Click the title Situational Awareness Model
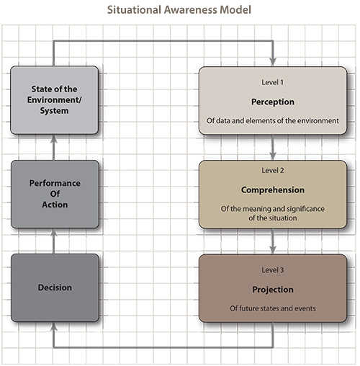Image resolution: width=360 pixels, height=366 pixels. click(x=179, y=10)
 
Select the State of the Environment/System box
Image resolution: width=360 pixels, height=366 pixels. click(x=54, y=100)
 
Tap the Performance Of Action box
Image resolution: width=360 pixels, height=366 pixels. click(x=55, y=194)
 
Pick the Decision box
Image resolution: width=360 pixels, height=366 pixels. click(x=55, y=287)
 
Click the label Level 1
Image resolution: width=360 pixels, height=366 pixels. click(x=273, y=82)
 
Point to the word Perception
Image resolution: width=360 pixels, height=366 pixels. click(x=273, y=102)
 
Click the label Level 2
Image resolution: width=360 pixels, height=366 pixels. click(x=273, y=170)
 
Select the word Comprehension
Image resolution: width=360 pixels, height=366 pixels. click(x=273, y=190)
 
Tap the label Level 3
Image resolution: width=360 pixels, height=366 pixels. click(x=273, y=270)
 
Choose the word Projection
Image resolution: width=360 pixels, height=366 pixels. click(x=273, y=290)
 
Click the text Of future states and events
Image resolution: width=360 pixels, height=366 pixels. click(x=273, y=308)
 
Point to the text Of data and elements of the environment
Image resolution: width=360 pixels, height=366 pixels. click(x=273, y=120)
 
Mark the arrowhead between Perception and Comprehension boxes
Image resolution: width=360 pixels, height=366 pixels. click(x=273, y=156)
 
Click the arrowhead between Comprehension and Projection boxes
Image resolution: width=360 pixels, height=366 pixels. click(x=273, y=249)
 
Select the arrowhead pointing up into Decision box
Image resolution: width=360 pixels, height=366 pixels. click(x=54, y=326)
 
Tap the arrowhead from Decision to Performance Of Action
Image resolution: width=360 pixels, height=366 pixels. click(x=54, y=233)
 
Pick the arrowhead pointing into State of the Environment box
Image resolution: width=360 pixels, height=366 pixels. click(x=54, y=139)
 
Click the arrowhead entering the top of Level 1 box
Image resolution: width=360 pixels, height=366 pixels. click(x=273, y=62)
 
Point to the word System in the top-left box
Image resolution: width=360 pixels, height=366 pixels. click(x=54, y=111)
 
